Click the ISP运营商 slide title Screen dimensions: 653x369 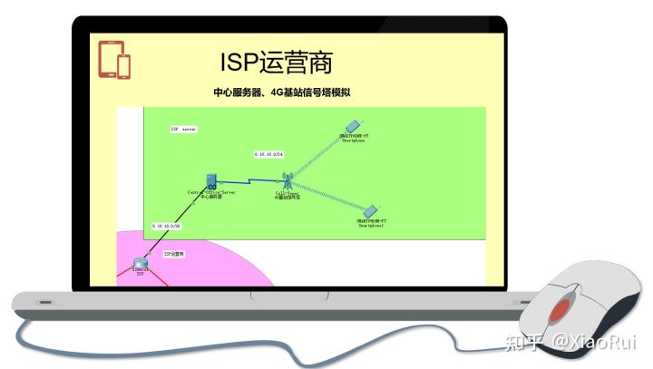coord(276,62)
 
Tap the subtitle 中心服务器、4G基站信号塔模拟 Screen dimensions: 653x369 coord(281,92)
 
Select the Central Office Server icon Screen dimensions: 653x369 coord(210,180)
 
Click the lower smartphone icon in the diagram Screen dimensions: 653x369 coord(370,210)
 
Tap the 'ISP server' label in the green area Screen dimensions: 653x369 coord(183,130)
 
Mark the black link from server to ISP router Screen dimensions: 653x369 coord(172,227)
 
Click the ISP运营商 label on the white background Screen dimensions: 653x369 coord(174,255)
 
